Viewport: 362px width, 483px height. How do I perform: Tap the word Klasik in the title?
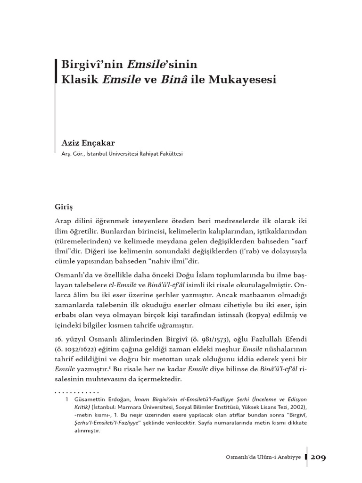77,79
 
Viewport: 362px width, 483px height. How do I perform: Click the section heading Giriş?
65,206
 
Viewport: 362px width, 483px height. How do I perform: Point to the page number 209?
319,458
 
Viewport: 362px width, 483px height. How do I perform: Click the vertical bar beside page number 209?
307,458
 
